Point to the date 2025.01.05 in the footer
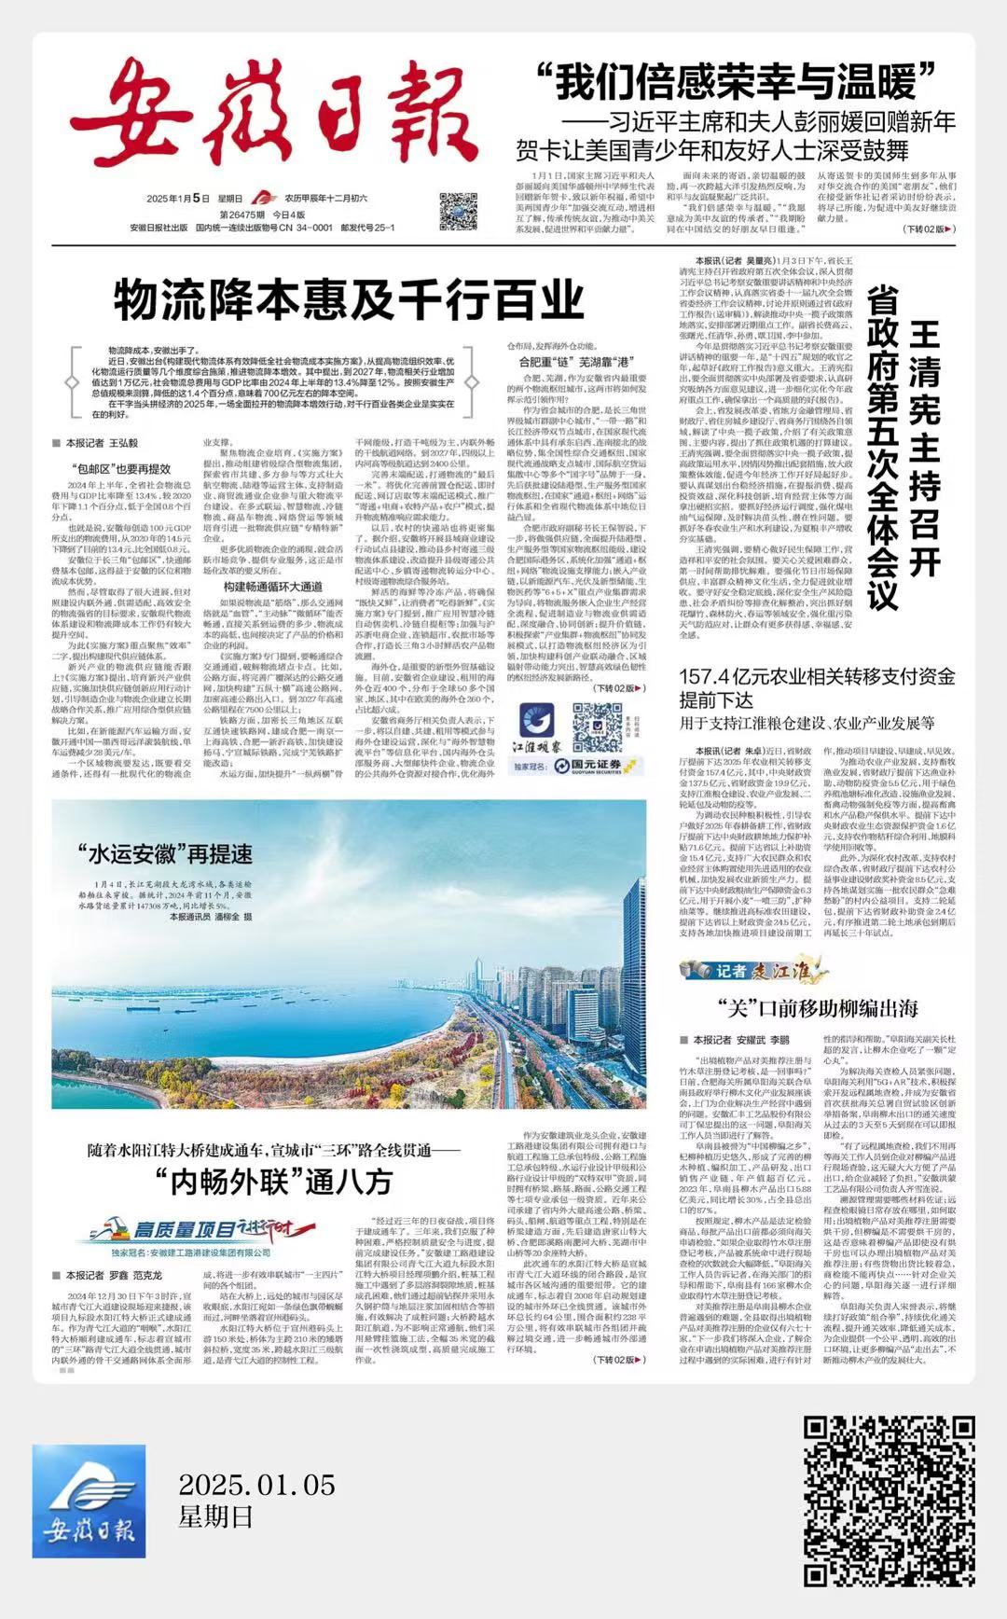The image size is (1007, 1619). point(256,1484)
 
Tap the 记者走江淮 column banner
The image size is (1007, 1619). point(754,971)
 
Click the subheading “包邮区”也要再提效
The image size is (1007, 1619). point(120,469)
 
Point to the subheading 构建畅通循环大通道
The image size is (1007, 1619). point(272,587)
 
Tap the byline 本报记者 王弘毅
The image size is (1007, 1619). point(101,443)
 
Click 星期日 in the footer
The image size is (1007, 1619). point(215,1517)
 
